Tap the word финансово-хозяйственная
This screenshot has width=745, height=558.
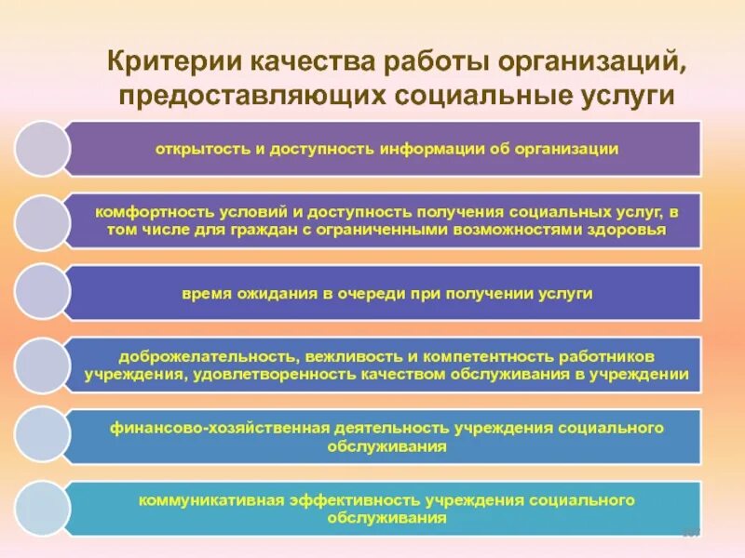(x=220, y=429)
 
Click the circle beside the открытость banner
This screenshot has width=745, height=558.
(x=42, y=149)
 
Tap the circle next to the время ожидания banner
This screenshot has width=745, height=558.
(x=42, y=292)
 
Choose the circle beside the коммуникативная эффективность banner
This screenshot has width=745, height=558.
(x=42, y=509)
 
